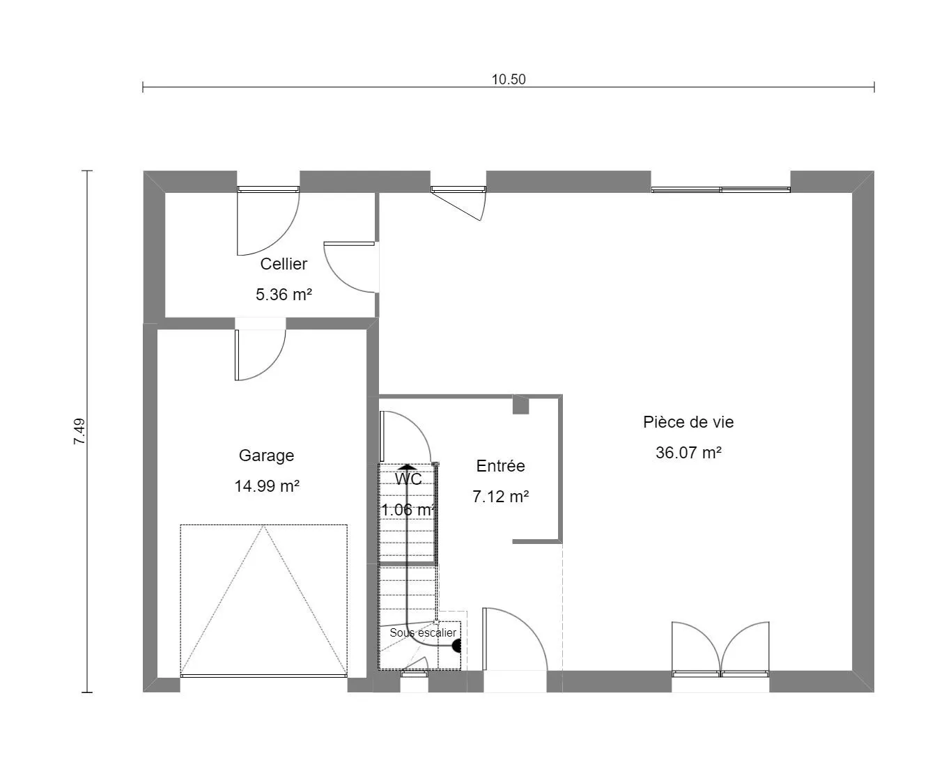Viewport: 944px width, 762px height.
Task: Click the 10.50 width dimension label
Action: click(x=509, y=79)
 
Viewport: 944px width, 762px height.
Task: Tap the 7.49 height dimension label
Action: click(x=80, y=431)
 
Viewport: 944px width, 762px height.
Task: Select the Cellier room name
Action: click(x=284, y=264)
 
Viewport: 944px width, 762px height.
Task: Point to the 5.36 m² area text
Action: click(x=284, y=295)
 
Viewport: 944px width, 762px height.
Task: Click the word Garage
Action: click(x=266, y=456)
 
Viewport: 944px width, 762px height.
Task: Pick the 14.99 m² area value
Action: click(x=267, y=486)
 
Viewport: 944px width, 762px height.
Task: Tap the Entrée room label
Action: click(x=500, y=466)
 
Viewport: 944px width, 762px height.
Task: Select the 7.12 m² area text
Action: click(x=500, y=497)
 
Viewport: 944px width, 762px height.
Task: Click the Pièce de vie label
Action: click(x=688, y=422)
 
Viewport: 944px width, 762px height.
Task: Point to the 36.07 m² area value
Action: click(x=688, y=453)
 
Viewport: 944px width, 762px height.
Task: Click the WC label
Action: click(x=408, y=479)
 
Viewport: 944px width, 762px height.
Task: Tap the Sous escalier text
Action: click(x=423, y=632)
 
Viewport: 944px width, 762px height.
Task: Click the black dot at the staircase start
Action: click(x=456, y=646)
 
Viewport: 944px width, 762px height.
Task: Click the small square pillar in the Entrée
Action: click(x=520, y=406)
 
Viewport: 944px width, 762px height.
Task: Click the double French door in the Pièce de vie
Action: click(x=720, y=649)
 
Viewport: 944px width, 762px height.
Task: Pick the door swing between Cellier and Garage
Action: click(x=260, y=355)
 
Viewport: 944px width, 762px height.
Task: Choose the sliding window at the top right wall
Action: click(x=720, y=189)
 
